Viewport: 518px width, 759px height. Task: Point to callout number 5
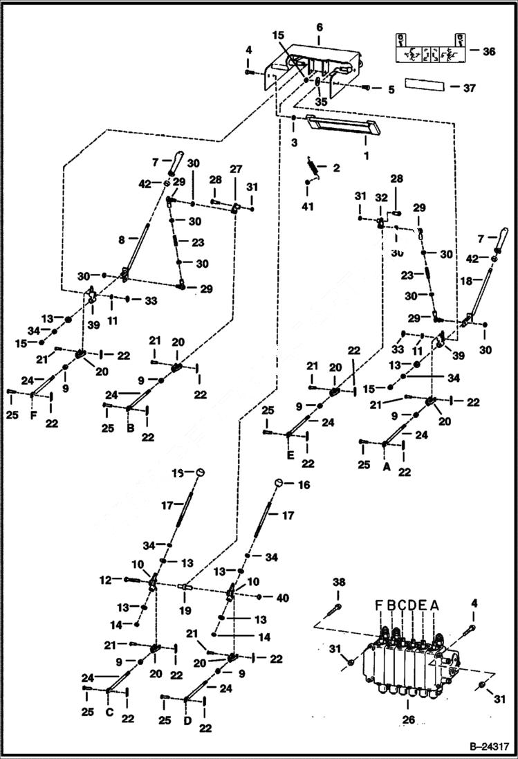[x=391, y=89]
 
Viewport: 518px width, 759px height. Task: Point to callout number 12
[x=106, y=580]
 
